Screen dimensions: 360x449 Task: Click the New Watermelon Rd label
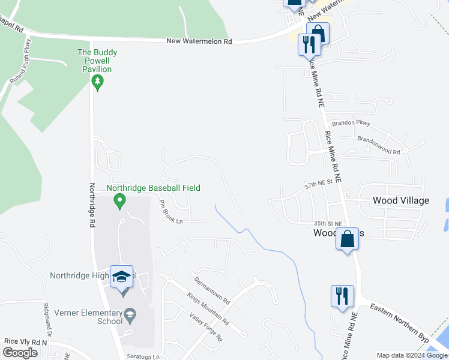[x=199, y=41]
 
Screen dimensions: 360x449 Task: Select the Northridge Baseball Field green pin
[x=119, y=200]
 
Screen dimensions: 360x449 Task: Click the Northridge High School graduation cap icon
[x=121, y=277]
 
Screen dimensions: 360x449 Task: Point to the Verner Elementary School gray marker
[x=130, y=314]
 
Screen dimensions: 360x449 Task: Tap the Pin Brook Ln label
[x=170, y=212]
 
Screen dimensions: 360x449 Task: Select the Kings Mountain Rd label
[x=208, y=309]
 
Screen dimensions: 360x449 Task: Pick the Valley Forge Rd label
[x=205, y=328]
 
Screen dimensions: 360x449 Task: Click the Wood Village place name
[x=400, y=200]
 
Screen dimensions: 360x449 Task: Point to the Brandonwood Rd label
[x=378, y=145]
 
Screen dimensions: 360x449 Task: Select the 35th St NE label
[x=327, y=223]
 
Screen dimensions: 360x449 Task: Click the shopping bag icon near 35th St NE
[x=348, y=239]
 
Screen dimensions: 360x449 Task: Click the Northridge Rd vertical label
[x=93, y=205]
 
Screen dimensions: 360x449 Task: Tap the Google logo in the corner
[x=20, y=353]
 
